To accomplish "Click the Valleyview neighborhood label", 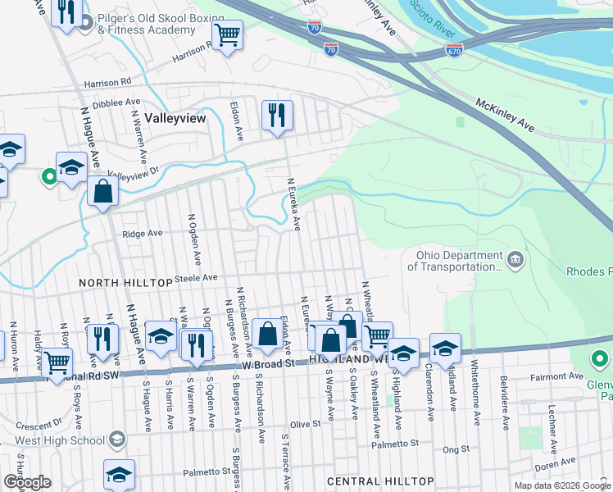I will [175, 118].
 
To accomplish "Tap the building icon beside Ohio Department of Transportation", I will [514, 260].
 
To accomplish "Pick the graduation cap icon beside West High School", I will [117, 441].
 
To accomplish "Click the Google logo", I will [27, 482].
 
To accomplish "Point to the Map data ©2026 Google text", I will [562, 485].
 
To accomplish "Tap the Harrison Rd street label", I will [108, 83].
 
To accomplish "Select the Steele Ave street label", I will [196, 279].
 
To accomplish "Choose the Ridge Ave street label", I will [143, 233].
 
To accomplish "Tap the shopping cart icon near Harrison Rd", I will [227, 34].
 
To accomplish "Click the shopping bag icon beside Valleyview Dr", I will [103, 190].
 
